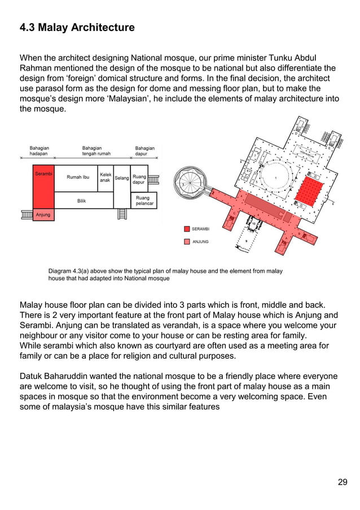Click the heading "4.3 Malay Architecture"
(77, 27)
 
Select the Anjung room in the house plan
(43, 215)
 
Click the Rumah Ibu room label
(78, 177)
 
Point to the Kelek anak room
(105, 178)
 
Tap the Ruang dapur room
(139, 180)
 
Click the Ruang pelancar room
(143, 200)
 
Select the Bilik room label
(82, 200)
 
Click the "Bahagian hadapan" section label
(39, 151)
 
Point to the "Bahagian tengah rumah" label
(96, 151)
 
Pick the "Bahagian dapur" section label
(145, 151)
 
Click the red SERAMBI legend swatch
(186, 229)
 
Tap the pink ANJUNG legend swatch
(186, 241)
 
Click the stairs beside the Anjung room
(26, 214)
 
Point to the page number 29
(343, 482)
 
